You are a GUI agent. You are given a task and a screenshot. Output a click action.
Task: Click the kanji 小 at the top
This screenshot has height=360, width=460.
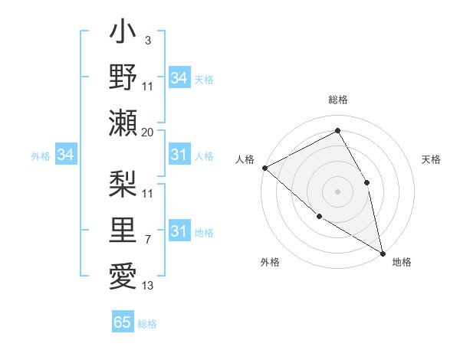123,34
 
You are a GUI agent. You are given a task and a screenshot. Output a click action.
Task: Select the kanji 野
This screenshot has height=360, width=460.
123,79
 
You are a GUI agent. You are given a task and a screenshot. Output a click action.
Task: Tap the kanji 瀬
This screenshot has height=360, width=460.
123,123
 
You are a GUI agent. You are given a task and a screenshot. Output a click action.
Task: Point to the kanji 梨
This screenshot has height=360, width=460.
123,184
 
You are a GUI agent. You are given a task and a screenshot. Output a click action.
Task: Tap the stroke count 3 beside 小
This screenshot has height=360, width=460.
148,41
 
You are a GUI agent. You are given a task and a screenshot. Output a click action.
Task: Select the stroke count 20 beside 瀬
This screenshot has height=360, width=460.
148,132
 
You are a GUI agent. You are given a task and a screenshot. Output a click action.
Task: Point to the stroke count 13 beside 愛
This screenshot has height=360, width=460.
148,285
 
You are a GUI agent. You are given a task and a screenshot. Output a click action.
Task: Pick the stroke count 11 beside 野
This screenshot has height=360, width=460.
148,87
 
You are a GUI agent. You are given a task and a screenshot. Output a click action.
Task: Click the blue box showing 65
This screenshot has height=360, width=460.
123,322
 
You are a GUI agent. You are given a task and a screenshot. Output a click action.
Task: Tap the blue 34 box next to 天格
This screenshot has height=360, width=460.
179,78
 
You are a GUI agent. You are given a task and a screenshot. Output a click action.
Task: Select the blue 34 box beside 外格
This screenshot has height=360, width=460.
66,155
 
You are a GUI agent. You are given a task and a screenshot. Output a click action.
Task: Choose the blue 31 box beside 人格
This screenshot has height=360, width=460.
179,155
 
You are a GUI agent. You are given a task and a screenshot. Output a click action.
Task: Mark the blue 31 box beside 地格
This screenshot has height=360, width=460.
179,231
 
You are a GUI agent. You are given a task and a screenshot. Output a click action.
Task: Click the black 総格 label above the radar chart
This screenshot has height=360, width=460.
338,100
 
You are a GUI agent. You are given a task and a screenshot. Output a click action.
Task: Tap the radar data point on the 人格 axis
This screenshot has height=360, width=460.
264,168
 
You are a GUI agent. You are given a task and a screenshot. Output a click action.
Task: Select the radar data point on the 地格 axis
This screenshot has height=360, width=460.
382,252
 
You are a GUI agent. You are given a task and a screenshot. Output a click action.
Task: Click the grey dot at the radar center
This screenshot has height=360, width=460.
337,191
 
